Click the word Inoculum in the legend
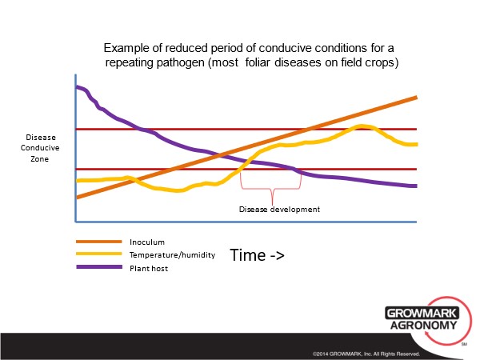tap(146, 242)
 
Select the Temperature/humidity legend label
tap(172, 255)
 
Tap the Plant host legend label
tap(150, 269)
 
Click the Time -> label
tap(258, 255)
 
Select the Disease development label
tap(279, 210)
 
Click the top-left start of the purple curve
tap(77, 87)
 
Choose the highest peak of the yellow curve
tap(362, 126)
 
